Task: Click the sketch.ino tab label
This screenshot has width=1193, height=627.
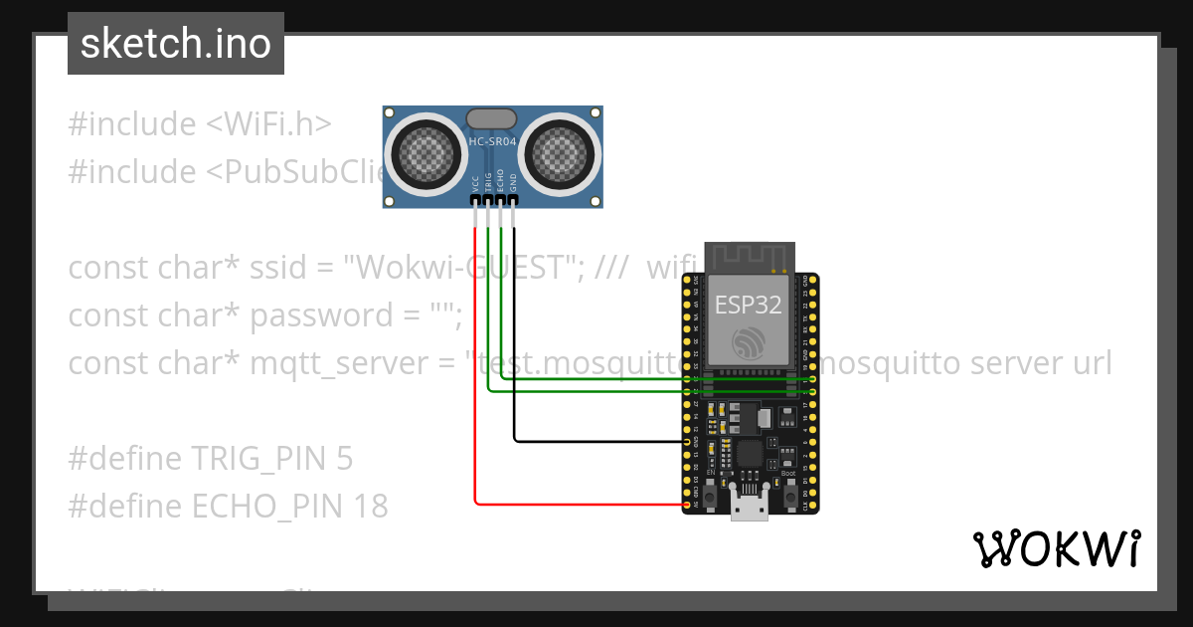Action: click(x=176, y=44)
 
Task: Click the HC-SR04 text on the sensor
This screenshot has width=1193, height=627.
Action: click(x=492, y=142)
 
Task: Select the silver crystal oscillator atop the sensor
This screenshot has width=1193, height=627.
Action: click(x=492, y=118)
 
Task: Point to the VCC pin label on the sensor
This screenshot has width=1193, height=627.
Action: click(x=475, y=183)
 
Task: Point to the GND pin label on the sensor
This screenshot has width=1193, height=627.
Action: click(x=513, y=181)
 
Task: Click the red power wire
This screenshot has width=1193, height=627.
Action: click(x=475, y=398)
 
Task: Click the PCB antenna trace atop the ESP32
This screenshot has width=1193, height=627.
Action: click(x=748, y=257)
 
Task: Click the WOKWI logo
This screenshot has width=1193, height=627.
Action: click(x=1056, y=549)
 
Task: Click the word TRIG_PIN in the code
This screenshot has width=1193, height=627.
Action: click(x=267, y=459)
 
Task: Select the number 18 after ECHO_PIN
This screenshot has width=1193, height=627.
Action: click(x=370, y=507)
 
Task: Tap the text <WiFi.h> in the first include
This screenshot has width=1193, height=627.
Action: click(x=268, y=124)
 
